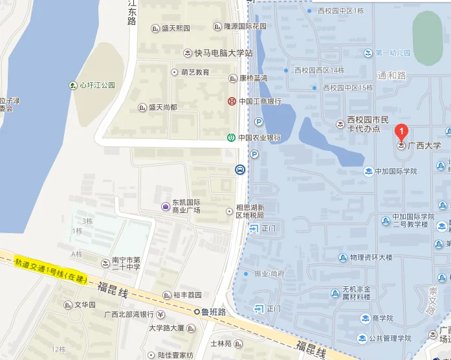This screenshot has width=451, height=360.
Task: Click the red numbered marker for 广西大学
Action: point(401,132)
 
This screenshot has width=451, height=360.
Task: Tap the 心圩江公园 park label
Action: point(96,85)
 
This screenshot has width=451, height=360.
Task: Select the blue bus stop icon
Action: point(239,170)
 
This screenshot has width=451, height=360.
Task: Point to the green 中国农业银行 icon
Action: point(231,137)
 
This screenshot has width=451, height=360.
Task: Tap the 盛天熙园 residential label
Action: point(175,28)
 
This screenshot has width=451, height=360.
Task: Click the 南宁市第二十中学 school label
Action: point(126,263)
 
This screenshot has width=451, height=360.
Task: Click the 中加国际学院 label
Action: point(395,171)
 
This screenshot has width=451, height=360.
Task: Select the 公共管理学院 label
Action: point(390,338)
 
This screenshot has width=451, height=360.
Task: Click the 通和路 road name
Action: point(391,76)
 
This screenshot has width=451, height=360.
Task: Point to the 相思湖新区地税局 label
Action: point(248,211)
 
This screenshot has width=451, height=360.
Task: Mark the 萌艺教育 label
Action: point(194,72)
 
